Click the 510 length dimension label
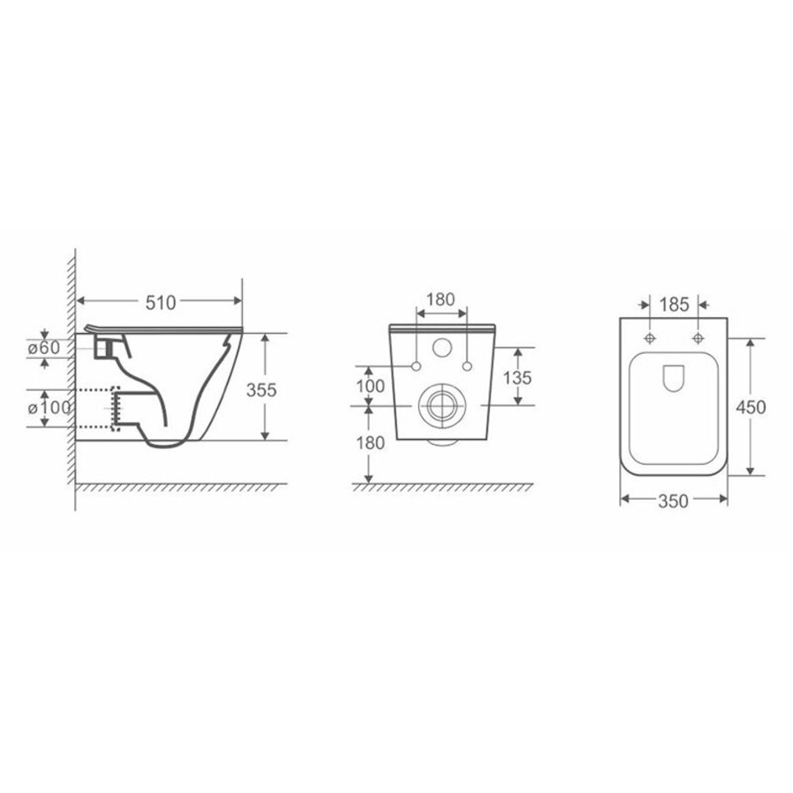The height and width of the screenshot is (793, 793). click(161, 302)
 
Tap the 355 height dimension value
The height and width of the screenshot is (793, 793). click(261, 390)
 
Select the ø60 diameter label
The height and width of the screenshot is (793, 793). click(44, 348)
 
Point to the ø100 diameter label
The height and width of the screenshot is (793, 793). click(49, 407)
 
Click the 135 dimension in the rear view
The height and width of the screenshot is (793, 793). click(518, 377)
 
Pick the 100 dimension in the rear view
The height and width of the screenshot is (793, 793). click(371, 386)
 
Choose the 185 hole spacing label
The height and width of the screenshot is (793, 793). click(674, 305)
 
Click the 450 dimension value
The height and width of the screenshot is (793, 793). click(750, 407)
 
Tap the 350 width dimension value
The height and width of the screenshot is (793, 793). click(673, 501)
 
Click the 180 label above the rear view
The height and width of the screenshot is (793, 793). click(441, 300)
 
